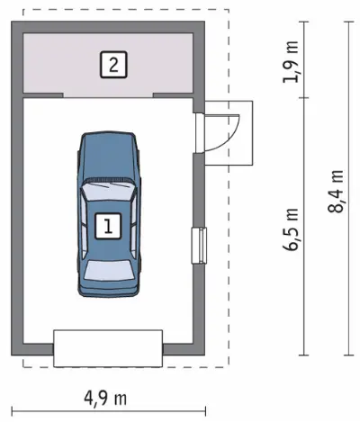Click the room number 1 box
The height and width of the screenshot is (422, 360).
[108, 226]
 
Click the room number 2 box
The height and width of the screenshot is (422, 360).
[113, 65]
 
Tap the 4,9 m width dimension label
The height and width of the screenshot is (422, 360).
[105, 399]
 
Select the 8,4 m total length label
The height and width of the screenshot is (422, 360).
[336, 192]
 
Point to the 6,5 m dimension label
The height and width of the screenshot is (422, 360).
[291, 229]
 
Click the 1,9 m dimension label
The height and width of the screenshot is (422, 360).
[291, 62]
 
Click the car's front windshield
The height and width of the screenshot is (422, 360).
[108, 192]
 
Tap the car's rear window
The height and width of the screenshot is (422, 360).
[109, 270]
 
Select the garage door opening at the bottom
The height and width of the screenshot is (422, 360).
[108, 348]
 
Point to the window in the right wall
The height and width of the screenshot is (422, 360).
[199, 246]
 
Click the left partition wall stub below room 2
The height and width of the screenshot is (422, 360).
[43, 95]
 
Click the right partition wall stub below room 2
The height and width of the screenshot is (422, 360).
[173, 95]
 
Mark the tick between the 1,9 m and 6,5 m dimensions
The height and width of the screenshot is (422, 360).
[304, 98]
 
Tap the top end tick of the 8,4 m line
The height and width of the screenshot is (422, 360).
[349, 22]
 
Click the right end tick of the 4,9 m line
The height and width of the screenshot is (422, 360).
[205, 411]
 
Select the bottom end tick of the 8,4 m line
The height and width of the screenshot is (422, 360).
[349, 355]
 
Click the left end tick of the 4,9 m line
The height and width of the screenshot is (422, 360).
[12, 411]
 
